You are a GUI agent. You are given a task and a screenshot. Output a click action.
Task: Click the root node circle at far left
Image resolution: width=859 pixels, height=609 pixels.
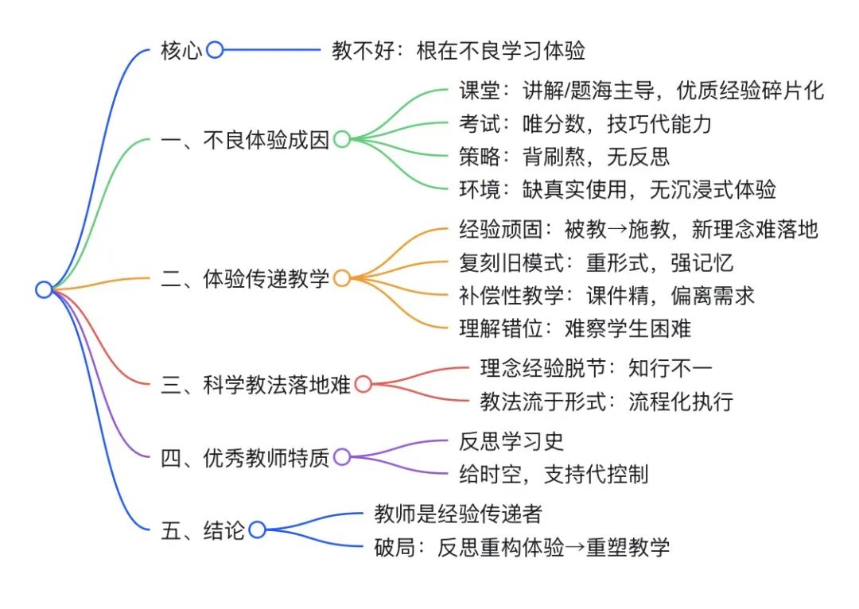44,289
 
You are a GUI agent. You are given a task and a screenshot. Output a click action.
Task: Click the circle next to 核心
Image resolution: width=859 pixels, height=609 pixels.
214,50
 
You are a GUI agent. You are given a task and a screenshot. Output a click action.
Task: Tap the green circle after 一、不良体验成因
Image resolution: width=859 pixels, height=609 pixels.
341,140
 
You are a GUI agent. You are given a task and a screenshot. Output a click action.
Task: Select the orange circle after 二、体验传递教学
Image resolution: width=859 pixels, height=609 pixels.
341,278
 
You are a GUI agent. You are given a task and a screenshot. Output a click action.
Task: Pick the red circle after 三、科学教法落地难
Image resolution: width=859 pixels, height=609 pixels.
363,385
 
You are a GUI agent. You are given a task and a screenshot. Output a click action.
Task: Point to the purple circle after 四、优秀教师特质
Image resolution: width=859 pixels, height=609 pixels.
341,457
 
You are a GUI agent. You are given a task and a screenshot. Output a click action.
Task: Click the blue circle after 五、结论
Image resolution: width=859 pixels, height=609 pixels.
257,529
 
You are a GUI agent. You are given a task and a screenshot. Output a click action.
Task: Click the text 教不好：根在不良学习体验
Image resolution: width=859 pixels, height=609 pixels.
458,51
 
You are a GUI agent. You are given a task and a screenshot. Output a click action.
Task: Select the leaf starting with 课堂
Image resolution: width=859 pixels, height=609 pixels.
641,91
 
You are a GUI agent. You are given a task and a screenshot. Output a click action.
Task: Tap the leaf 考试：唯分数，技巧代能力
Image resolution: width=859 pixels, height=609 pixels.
585,123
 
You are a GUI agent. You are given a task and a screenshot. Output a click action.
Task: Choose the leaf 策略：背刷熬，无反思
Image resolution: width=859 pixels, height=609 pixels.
564,156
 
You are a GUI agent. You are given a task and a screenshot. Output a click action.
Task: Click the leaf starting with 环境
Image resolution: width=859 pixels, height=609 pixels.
617,188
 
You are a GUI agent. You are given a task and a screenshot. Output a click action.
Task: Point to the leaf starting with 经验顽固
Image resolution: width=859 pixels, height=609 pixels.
639,230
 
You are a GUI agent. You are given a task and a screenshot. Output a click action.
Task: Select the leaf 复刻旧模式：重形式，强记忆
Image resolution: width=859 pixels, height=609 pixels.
596,262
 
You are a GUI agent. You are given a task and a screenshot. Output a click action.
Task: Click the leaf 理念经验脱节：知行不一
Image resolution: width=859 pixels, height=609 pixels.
597,368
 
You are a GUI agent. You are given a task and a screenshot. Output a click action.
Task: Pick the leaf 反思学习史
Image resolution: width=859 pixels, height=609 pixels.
511,441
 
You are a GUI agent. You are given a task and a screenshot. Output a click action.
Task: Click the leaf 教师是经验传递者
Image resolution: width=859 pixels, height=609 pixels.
458,514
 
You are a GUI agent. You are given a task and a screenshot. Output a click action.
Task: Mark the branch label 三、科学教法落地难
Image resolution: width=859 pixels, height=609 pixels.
255,386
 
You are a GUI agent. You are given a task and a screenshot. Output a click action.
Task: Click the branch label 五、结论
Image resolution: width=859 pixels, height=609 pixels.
202,530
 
